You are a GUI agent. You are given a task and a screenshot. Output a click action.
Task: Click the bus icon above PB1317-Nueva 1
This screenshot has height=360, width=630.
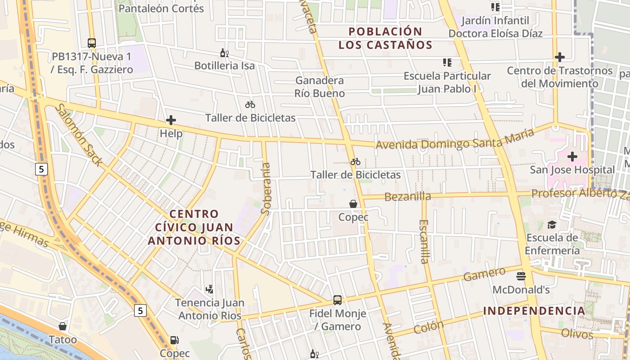click(92, 43)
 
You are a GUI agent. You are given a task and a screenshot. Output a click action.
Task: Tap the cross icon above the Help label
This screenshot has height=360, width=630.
click(171, 120)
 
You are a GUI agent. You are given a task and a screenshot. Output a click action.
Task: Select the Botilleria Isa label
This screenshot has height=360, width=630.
click(225, 66)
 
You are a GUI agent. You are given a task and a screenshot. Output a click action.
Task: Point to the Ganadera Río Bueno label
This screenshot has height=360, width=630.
click(319, 87)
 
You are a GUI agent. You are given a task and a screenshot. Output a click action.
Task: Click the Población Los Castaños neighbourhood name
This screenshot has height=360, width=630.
click(385, 38)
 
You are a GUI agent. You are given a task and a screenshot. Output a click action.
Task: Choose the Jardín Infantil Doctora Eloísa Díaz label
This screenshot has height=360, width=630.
click(495, 27)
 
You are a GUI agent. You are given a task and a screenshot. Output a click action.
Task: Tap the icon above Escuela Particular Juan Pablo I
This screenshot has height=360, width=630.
click(447, 62)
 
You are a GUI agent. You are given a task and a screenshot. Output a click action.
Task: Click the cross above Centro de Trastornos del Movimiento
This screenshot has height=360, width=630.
click(560, 57)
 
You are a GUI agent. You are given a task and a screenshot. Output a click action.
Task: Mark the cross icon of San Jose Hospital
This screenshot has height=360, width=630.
click(572, 157)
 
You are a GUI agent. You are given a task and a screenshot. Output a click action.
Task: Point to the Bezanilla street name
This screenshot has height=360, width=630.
click(408, 196)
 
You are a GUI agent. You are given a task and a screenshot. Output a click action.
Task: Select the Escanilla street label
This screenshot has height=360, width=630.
click(424, 241)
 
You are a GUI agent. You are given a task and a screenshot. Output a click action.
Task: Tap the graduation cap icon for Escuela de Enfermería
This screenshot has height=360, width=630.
click(552, 225)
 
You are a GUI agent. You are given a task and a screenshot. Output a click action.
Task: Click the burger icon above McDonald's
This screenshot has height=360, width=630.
click(521, 276)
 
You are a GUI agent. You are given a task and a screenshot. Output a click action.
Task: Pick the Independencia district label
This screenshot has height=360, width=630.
click(534, 310)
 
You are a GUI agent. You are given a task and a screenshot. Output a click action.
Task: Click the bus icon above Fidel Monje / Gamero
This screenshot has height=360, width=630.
click(337, 300)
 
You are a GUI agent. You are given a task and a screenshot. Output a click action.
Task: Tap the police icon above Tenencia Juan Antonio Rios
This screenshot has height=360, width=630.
click(209, 289)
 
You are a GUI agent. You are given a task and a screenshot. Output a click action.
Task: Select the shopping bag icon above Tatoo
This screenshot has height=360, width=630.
click(63, 326)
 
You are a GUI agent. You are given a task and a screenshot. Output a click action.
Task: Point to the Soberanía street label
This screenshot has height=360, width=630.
click(266, 189)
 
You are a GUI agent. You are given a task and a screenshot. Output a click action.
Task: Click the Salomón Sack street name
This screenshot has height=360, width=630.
click(79, 135)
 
